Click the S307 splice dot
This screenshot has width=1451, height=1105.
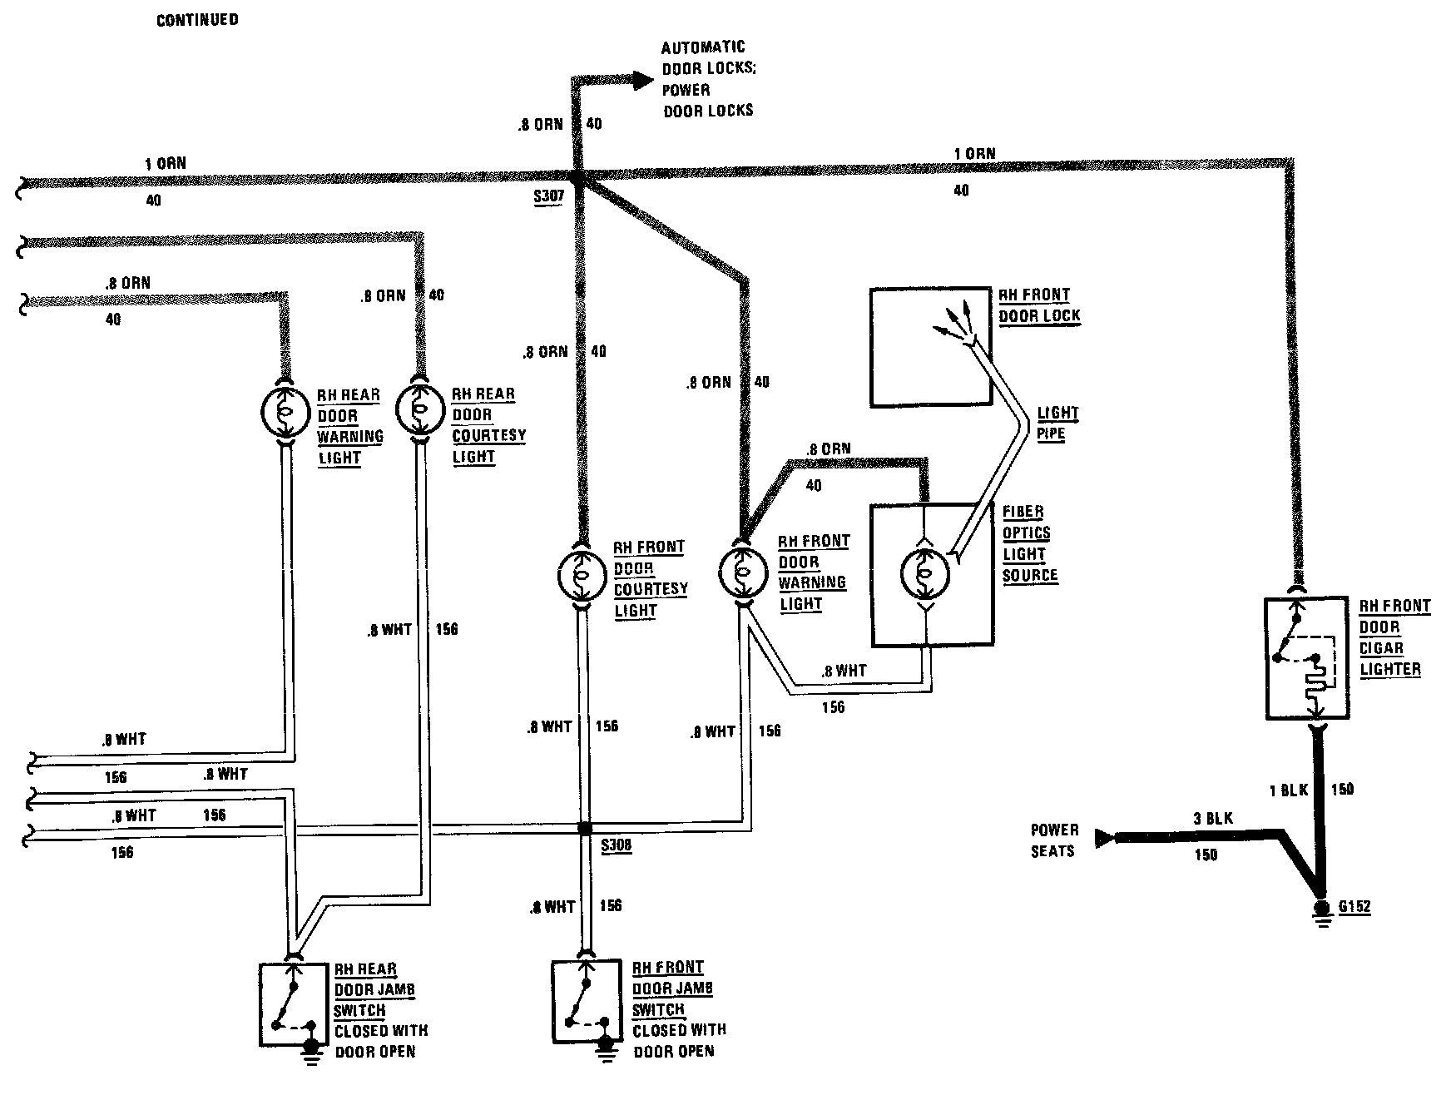tap(576, 177)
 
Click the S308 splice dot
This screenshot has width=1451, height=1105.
tap(585, 828)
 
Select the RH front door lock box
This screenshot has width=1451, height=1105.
tap(931, 347)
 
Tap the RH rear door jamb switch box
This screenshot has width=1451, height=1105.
tap(292, 1004)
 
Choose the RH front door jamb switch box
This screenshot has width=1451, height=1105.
tap(586, 1002)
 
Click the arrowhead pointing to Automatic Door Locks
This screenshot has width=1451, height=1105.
tap(641, 80)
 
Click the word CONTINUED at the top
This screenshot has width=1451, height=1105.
tap(197, 19)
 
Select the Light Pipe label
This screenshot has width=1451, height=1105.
tap(1056, 423)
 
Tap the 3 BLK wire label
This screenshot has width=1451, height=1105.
tap(1212, 819)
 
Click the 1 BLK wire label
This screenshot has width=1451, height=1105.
tap(1288, 790)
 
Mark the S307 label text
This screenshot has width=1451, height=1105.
tap(550, 197)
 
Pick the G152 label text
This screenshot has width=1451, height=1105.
tap(1354, 906)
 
